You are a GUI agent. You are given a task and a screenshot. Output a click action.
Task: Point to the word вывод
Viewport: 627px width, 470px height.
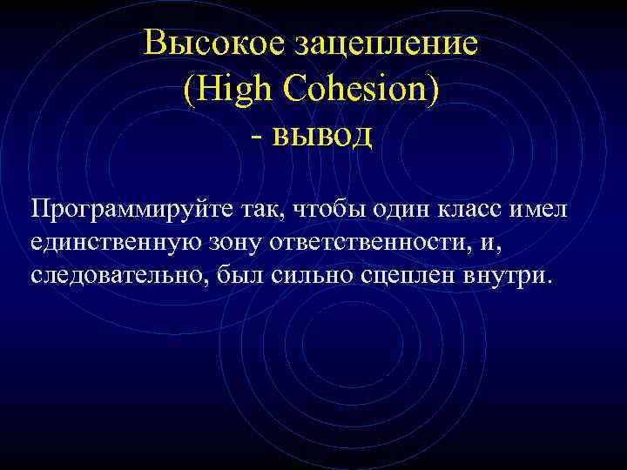point(323,136)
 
